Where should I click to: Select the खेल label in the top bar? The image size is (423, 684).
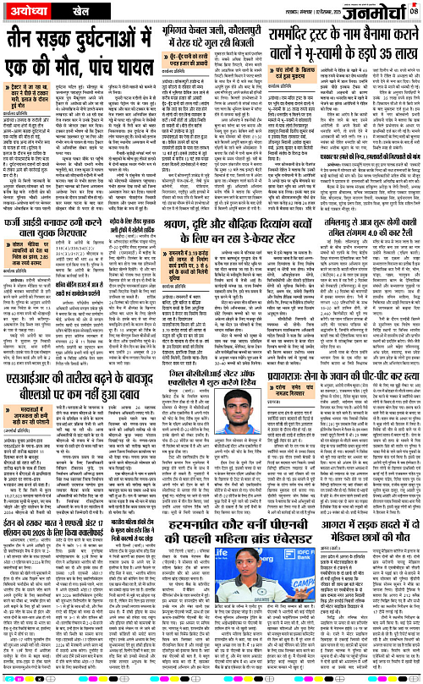(x=79, y=11)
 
